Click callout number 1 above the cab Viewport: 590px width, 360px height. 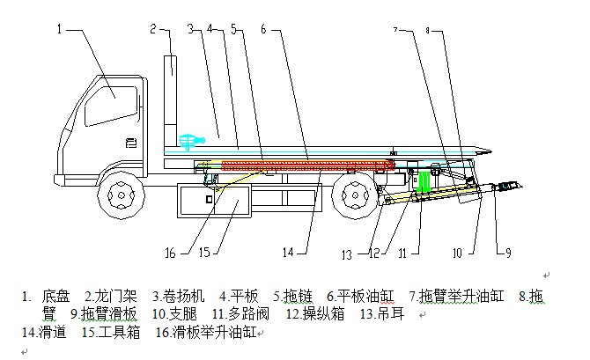coord(61,28)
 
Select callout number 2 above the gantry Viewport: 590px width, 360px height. coord(152,28)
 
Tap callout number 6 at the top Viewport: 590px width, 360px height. coord(263,28)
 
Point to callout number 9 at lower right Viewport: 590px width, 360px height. coord(508,254)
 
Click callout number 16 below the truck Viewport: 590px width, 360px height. coord(171,253)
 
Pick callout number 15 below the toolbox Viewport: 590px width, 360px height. coord(204,253)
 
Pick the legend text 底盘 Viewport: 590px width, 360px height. coord(55,297)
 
